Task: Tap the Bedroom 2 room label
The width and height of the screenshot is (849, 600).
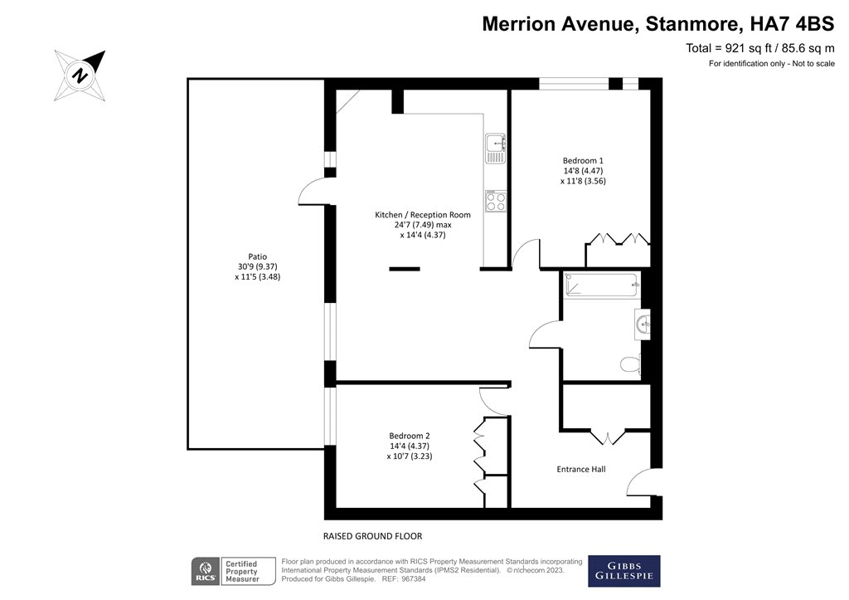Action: coord(410,436)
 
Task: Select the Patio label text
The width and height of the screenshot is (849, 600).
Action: coord(257,257)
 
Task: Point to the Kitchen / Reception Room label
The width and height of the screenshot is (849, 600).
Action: coord(423,215)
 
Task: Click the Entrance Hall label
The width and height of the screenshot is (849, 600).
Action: coord(580,470)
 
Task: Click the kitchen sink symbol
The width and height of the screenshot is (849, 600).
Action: coord(495,148)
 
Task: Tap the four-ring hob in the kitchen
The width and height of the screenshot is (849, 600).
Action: coord(496,201)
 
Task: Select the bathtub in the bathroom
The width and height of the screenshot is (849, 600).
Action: coord(601,286)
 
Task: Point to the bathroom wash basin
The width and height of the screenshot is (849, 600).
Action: coord(643,324)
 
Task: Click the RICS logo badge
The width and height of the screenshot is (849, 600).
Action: coord(205,571)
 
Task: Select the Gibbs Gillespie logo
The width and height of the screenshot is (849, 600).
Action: coord(623,571)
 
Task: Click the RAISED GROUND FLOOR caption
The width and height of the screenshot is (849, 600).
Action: coord(378,536)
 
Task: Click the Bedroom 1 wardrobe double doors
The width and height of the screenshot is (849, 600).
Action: coord(618,239)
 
